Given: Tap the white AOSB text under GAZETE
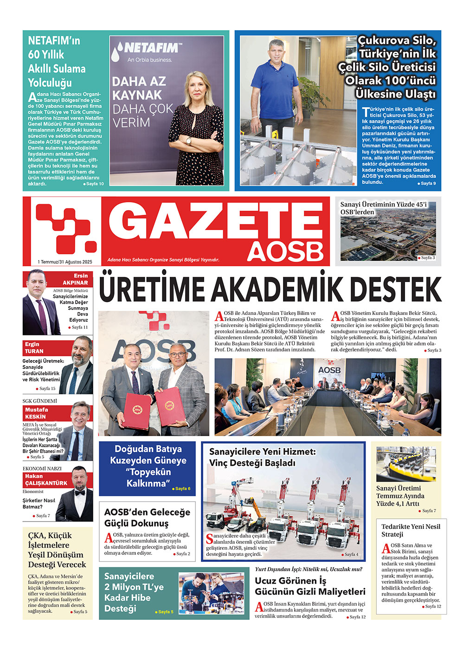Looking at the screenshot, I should [x=285, y=251].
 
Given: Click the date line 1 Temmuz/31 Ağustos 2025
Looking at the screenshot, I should [x=65, y=262].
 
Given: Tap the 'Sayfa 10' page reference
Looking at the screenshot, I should [x=94, y=184].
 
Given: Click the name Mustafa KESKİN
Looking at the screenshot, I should [x=36, y=413].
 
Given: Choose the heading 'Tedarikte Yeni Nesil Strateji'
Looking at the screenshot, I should [x=411, y=530].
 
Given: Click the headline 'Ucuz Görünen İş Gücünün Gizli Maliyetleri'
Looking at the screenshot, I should [x=310, y=586].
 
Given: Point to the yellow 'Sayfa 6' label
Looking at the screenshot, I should [x=182, y=489].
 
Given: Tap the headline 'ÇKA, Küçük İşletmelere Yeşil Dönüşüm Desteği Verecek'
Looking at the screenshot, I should [x=57, y=550].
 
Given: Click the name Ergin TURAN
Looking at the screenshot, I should [x=34, y=348].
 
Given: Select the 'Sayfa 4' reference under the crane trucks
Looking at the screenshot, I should [x=350, y=554].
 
